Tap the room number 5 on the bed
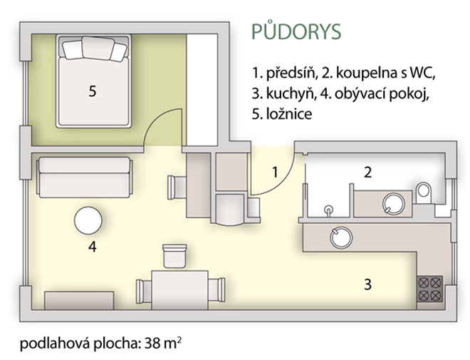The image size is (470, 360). click(x=93, y=91)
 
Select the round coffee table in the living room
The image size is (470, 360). click(x=88, y=220)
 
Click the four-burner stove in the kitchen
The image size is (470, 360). click(x=430, y=289)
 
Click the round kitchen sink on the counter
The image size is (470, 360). click(x=341, y=237)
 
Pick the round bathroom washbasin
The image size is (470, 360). click(x=394, y=204)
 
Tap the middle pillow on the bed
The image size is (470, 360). click(x=98, y=48)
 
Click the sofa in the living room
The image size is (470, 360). click(x=85, y=178)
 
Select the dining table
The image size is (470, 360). click(x=180, y=290)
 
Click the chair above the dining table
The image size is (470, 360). click(x=174, y=256)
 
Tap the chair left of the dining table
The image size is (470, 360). click(x=144, y=291)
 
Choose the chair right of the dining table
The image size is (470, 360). click(x=216, y=290)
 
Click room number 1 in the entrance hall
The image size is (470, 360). click(x=275, y=173)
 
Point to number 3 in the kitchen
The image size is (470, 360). click(x=367, y=284)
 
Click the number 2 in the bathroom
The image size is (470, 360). click(x=367, y=173)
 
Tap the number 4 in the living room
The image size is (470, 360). click(x=93, y=247)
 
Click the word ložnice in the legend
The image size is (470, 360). click(x=289, y=114)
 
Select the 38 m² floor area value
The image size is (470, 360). click(x=163, y=344)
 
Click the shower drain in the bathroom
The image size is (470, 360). click(x=329, y=208)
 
